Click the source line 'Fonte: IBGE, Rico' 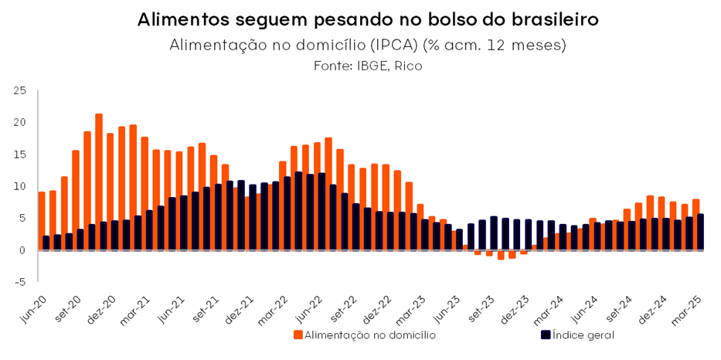[x=368, y=66]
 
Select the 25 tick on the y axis [x=20, y=91]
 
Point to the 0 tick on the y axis [x=24, y=250]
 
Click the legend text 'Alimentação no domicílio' [x=370, y=335]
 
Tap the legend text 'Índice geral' [x=583, y=335]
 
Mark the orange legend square [x=298, y=335]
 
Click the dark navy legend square [x=546, y=335]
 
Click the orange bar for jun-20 [x=42, y=221]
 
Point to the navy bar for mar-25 [x=700, y=233]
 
